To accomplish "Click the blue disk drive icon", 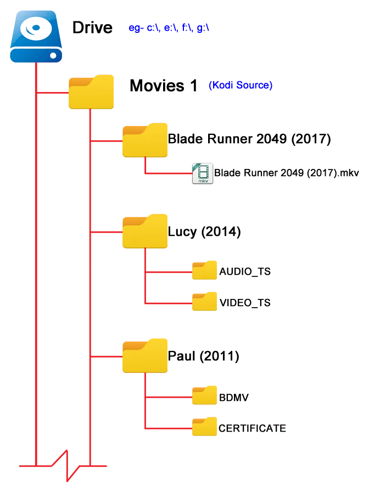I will pyautogui.click(x=36, y=37).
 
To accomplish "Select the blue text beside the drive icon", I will pyautogui.click(x=169, y=29).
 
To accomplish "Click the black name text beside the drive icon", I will pyautogui.click(x=97, y=27).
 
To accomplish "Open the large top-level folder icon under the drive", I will pyautogui.click(x=91, y=92).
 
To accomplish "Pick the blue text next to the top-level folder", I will pyautogui.click(x=240, y=86).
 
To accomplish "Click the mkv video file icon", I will pyautogui.click(x=203, y=174).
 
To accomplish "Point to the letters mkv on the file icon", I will pyautogui.click(x=203, y=180).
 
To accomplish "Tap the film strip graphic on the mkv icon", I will pyautogui.click(x=204, y=169).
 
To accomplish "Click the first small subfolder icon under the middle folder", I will pyautogui.click(x=205, y=269).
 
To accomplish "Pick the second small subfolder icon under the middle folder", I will pyautogui.click(x=205, y=301).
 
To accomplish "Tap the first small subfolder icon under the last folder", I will pyautogui.click(x=205, y=395).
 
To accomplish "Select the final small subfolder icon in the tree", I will pyautogui.click(x=205, y=427).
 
